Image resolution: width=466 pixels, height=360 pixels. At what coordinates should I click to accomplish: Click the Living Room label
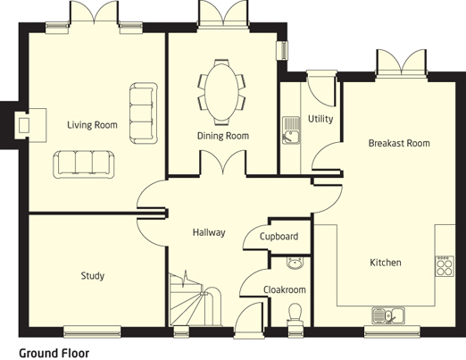(92, 125)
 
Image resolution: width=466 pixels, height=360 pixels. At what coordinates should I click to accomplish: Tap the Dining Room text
(223, 136)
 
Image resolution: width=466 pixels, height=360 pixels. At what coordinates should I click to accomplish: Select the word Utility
(320, 119)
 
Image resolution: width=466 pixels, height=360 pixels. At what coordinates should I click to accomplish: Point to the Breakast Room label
(399, 143)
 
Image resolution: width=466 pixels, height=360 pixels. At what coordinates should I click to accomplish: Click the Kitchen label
(386, 263)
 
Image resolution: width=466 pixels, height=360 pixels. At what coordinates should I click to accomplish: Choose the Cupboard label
(279, 237)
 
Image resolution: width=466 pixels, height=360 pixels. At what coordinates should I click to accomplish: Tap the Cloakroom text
(285, 289)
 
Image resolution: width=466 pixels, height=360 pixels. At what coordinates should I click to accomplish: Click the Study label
(93, 276)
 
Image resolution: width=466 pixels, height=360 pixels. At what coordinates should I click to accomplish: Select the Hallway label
(209, 232)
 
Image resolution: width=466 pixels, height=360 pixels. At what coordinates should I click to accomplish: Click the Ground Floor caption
(54, 354)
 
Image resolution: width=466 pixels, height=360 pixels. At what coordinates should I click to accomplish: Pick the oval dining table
(222, 92)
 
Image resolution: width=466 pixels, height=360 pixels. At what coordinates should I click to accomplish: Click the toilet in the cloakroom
(295, 314)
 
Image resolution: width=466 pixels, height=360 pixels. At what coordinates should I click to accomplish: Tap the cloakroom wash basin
(295, 264)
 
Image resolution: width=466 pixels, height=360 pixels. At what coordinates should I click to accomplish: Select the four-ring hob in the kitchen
(445, 266)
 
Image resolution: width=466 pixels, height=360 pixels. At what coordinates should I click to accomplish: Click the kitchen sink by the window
(388, 315)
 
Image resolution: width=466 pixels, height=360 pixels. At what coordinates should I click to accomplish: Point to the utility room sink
(291, 130)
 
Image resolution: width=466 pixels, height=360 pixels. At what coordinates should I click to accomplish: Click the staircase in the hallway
(195, 299)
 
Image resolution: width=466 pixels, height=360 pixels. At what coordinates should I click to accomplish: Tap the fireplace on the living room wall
(31, 125)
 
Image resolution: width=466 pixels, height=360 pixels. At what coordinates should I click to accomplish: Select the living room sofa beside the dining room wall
(144, 113)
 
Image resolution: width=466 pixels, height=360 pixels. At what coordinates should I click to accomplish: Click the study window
(92, 331)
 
